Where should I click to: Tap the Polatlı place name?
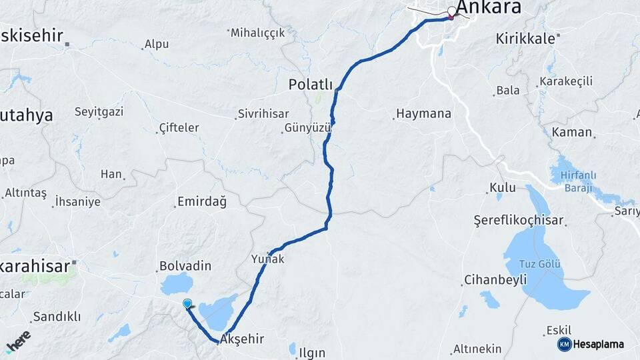coord(310,84)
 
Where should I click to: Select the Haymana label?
coord(423,114)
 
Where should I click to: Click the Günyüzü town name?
coord(307,127)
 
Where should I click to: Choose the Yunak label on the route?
coord(268,259)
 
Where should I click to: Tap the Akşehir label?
coord(242,339)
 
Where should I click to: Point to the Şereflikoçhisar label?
coord(519,220)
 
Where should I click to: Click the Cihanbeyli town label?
coord(495,280)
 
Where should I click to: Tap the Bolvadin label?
coord(185,265)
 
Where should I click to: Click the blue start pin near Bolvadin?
coord(187,304)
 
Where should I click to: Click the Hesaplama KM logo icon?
coord(564,344)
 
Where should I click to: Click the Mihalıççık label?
coord(258,32)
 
